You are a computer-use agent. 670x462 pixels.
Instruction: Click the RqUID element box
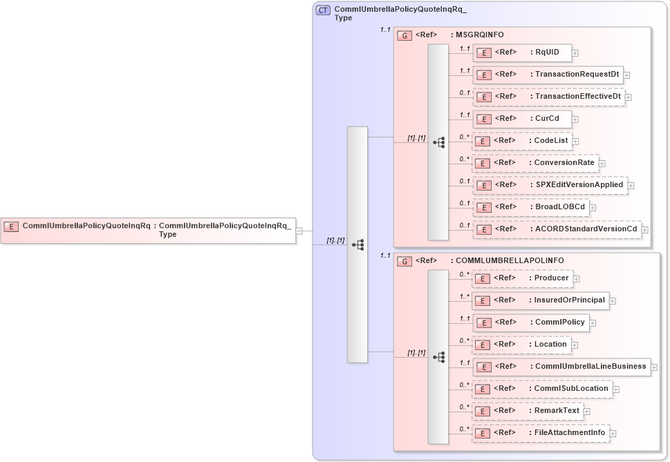(522, 52)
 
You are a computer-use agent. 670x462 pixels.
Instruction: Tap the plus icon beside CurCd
(575, 119)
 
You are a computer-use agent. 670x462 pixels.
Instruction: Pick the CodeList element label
(551, 140)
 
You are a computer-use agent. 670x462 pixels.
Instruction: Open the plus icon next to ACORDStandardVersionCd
(645, 229)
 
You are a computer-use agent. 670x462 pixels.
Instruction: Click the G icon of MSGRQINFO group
(405, 35)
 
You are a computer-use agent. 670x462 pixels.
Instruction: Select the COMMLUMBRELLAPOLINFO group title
(510, 260)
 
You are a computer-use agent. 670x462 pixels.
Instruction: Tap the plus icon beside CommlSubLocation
(616, 389)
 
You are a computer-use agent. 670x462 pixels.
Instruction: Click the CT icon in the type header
(323, 10)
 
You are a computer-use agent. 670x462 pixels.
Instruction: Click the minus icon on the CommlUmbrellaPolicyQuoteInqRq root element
(299, 231)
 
